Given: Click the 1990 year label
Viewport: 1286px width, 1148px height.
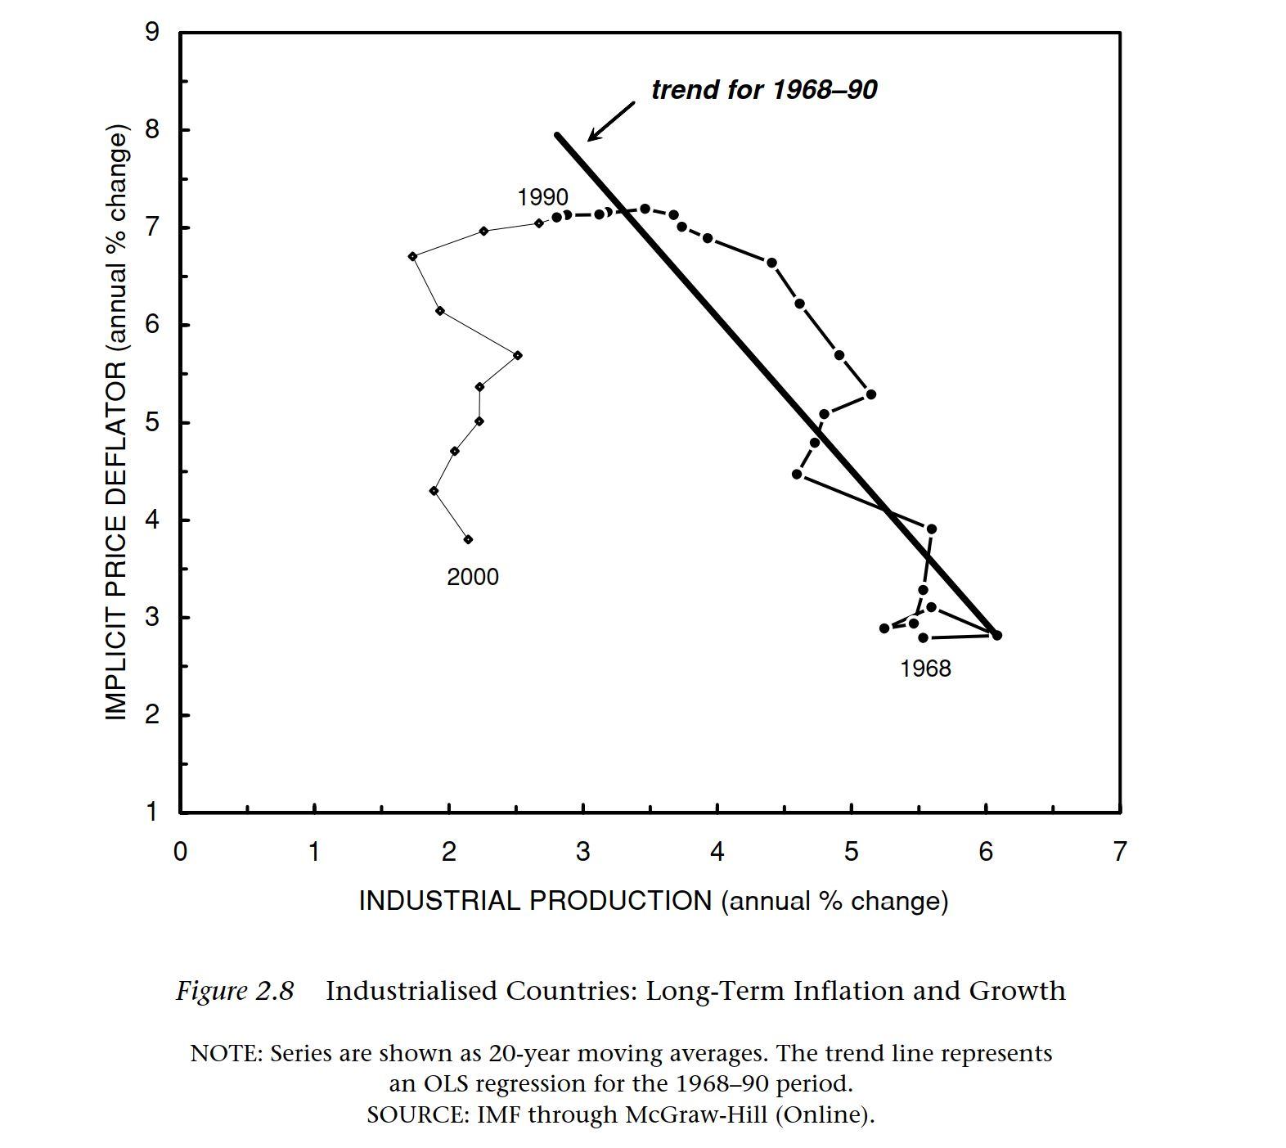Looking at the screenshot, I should [x=542, y=198].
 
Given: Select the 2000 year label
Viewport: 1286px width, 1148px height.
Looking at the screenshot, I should [x=472, y=578].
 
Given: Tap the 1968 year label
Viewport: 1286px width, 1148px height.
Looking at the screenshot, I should [x=925, y=669].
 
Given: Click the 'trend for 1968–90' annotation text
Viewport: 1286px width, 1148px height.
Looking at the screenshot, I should [x=763, y=90].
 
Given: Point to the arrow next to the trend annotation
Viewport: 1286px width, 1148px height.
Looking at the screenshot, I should [x=610, y=121].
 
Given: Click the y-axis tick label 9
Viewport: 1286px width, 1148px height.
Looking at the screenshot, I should [x=152, y=33].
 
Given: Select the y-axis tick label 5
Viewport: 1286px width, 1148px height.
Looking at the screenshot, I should [x=152, y=423].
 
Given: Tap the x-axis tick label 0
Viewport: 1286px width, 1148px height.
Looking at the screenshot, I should [x=180, y=853].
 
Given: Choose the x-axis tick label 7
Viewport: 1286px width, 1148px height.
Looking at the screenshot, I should [x=1118, y=853].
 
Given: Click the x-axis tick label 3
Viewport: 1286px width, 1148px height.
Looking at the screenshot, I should [x=582, y=853].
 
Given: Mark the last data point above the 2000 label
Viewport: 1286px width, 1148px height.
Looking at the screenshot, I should [x=468, y=539].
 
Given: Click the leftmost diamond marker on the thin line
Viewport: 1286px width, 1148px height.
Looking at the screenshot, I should [x=412, y=256].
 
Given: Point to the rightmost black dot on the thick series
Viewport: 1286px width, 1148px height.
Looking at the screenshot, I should [x=996, y=636].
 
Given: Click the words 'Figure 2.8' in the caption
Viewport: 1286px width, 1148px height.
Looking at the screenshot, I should [x=235, y=991].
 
